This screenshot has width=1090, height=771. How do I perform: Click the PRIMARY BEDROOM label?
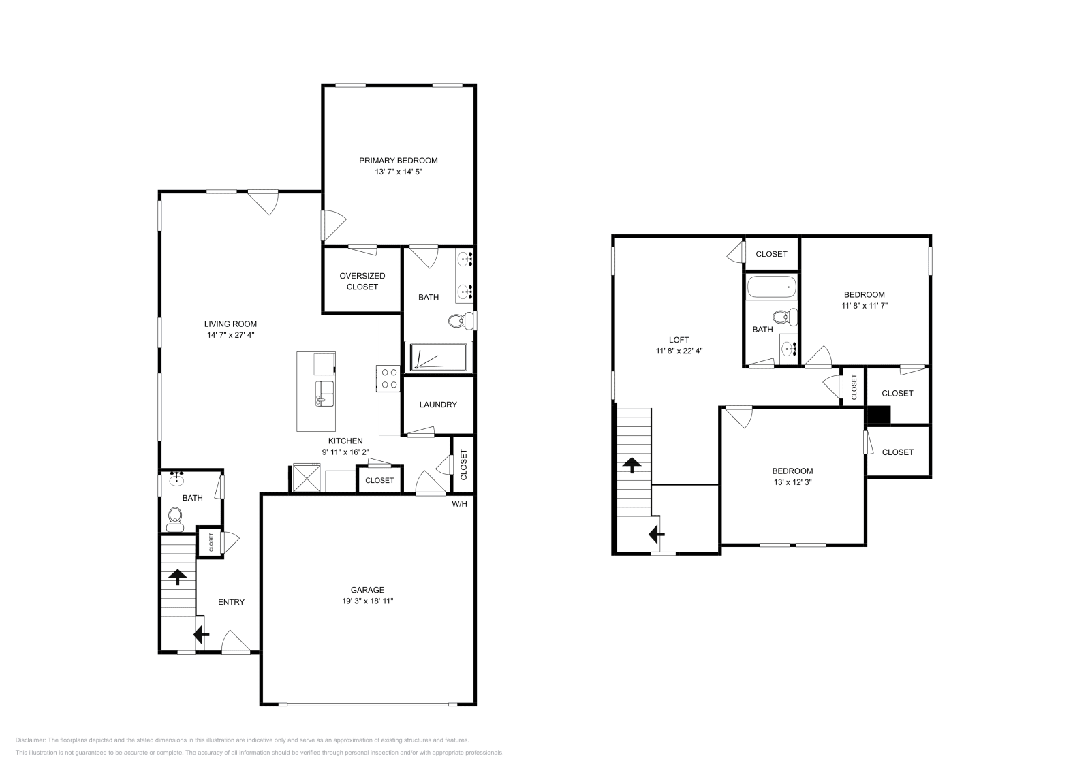coord(399,161)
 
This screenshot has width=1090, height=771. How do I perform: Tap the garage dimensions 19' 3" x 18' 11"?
coord(368,601)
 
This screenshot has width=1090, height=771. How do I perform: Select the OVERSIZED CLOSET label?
coord(362,281)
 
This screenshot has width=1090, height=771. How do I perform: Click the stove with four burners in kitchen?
coord(390,379)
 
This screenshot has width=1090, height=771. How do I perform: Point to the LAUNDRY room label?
coord(438,405)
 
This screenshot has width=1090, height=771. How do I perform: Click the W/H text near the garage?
coord(460,504)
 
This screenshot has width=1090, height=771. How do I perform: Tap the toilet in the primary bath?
coord(461,320)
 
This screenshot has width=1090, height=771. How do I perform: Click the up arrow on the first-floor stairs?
coord(178,578)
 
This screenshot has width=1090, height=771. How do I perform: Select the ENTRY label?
coord(231,602)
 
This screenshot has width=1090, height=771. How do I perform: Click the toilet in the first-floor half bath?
coord(175,520)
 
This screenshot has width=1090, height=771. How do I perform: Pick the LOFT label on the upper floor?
coord(679,340)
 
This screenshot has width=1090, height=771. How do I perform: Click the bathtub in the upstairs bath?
coord(771,287)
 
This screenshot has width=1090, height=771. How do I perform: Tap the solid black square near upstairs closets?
coord(878,415)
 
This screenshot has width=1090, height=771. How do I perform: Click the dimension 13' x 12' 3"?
coord(792,482)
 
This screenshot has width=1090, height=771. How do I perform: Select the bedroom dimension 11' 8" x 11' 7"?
coord(865,306)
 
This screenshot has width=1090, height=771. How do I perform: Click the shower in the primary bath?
coord(436,358)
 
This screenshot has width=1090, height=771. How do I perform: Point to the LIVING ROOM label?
coord(231,324)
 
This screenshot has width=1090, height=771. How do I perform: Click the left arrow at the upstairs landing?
coord(657,535)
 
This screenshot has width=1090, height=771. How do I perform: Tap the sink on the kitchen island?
coord(324,393)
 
